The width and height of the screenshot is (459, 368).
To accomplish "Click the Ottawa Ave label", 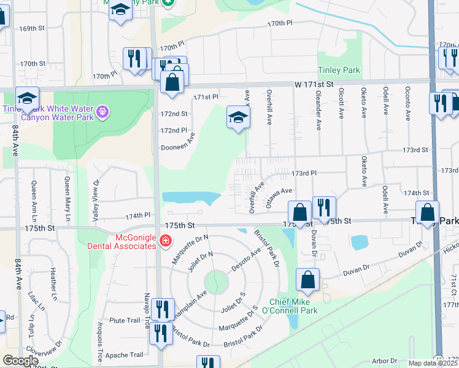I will (279, 199).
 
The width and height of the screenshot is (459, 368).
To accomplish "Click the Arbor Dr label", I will (385, 361).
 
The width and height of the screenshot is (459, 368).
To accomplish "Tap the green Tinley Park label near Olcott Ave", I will (339, 71).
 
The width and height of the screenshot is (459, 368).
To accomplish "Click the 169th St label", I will (33, 28).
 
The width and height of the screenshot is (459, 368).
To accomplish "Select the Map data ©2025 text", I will (433, 363).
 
